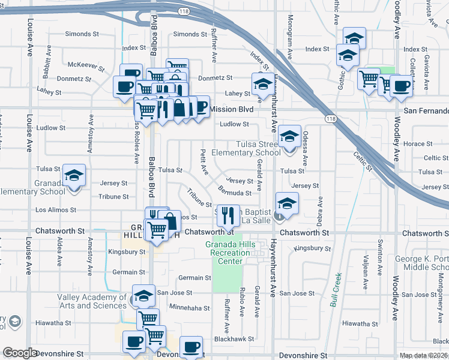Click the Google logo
coord(20,353)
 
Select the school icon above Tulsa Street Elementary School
coord(289,137)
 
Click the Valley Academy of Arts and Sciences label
coord(92,301)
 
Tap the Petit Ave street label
coord(204,162)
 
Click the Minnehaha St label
coord(190,308)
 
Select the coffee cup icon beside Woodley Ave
coord(401,88)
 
